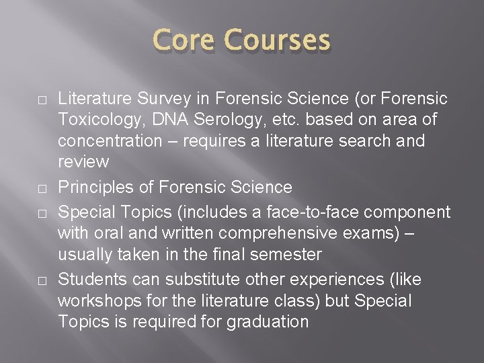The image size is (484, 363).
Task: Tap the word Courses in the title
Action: point(278,40)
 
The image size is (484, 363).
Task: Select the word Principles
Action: point(96,187)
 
